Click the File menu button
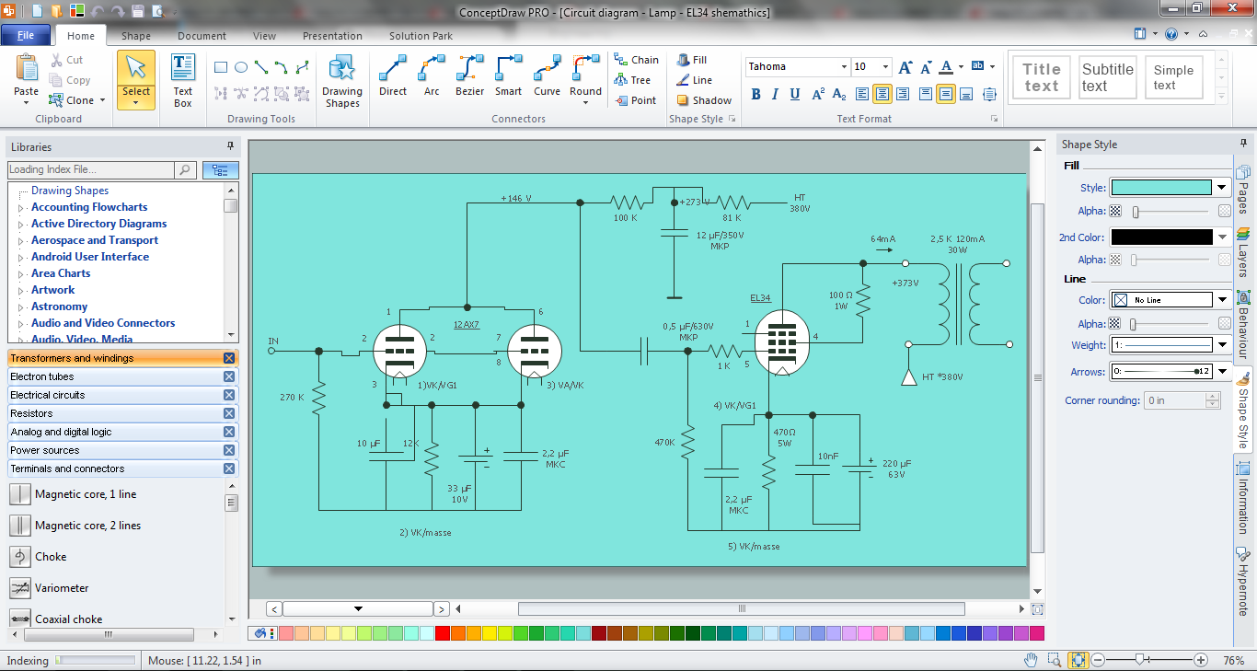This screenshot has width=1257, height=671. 26,35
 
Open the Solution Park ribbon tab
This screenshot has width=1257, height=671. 421,36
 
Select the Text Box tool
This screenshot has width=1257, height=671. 182,81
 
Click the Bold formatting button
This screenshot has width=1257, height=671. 755,94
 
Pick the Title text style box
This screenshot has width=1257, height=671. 1042,77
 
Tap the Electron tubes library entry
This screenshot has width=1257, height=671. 42,376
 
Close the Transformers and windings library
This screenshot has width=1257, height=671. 228,358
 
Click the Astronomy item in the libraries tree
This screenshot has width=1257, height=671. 60,307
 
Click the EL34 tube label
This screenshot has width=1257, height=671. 760,298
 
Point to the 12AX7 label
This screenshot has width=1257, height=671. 467,325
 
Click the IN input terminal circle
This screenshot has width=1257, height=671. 271,351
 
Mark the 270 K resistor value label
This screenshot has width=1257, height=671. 292,398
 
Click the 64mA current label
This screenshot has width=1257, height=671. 882,238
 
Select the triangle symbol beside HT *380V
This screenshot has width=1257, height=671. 908,378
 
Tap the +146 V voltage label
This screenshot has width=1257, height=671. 516,198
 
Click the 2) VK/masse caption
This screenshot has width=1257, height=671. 425,532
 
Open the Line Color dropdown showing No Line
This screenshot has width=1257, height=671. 1222,300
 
